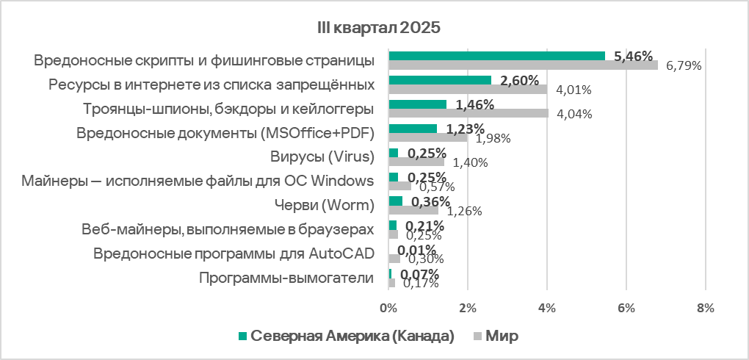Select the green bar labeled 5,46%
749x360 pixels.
coord(496,56)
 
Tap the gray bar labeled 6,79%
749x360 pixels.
coord(523,65)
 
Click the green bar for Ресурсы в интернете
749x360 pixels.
coord(440,80)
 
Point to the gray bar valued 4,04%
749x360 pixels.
coord(468,113)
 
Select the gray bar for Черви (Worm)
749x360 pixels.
coord(413,210)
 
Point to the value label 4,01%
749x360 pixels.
coord(573,90)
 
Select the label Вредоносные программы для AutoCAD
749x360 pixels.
coord(234,254)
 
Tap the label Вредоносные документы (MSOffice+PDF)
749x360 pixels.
coord(225,133)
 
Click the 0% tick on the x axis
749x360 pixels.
coord(388,308)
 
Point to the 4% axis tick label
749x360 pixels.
coord(547,308)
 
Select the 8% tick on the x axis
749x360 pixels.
coord(705,308)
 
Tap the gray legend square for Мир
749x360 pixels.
coord(477,336)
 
